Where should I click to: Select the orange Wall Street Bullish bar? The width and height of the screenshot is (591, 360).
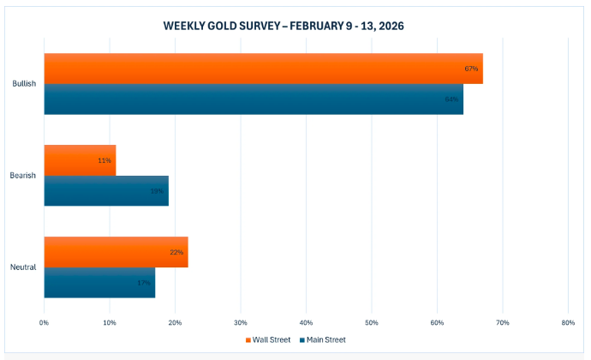coord(257,69)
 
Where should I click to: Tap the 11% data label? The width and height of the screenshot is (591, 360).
coord(104,160)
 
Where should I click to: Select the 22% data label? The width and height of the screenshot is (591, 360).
coord(176,252)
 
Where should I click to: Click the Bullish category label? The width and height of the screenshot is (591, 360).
coord(24,84)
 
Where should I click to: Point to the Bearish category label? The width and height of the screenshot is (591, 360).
coord(24,176)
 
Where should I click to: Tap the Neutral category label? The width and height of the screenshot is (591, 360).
coord(24,267)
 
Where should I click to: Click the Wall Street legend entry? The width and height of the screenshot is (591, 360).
coord(267,339)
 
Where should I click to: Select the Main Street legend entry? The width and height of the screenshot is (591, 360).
coord(322,339)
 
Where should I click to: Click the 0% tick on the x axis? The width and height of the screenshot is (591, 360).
coord(44,322)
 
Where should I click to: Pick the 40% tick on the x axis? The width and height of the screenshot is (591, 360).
coord(306,322)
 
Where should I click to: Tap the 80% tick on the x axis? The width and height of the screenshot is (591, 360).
coord(568,322)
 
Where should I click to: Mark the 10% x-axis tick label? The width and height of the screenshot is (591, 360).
coord(110,322)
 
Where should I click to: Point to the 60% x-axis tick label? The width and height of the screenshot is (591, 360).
coord(437,322)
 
